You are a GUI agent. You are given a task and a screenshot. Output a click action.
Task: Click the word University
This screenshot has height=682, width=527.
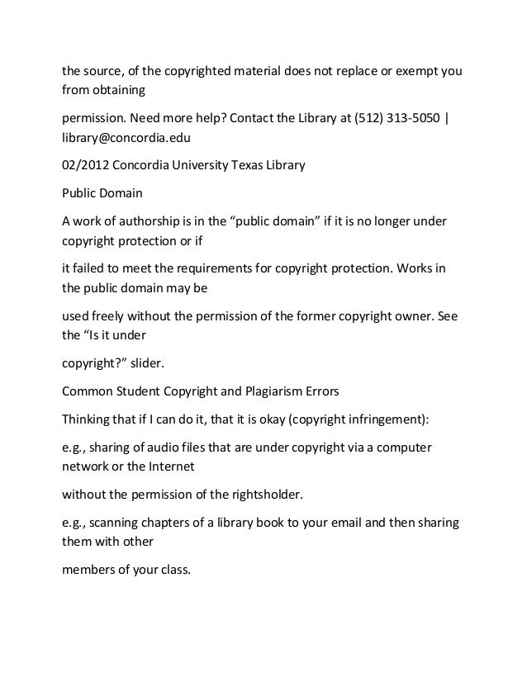192,164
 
